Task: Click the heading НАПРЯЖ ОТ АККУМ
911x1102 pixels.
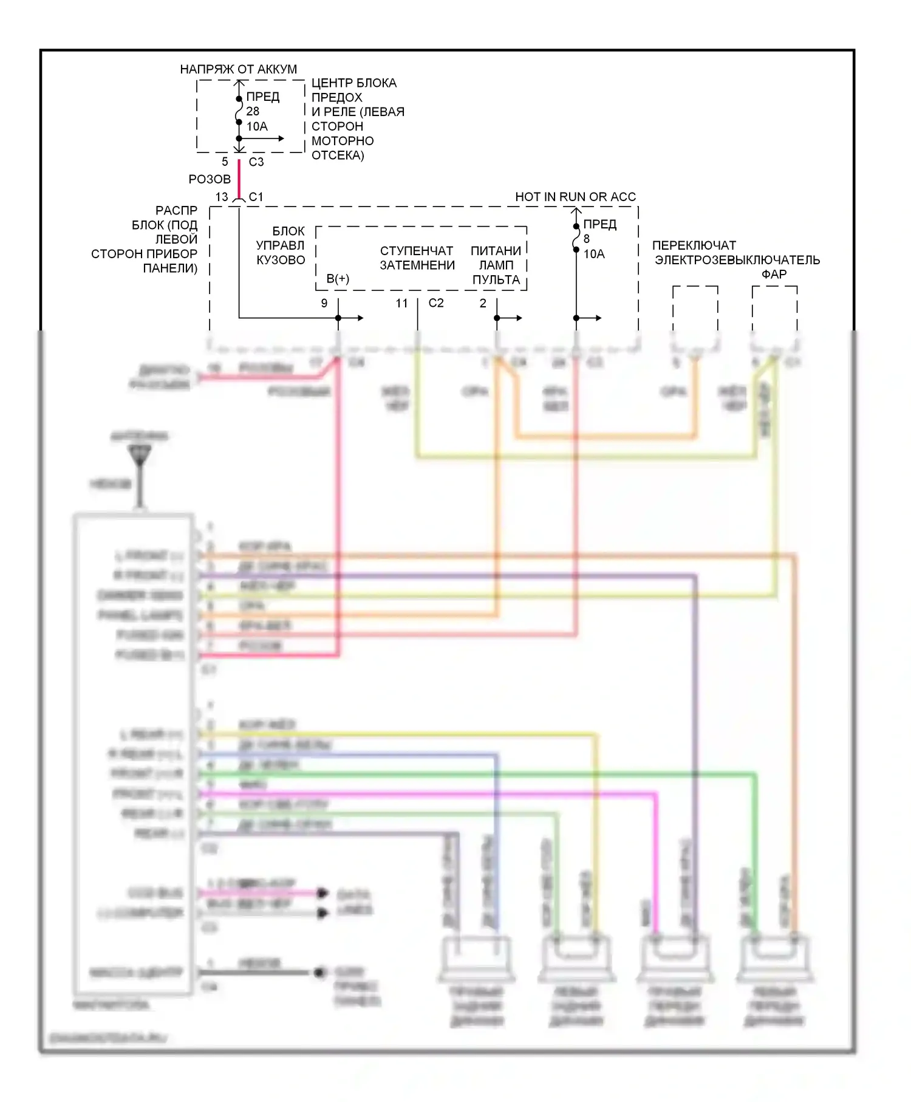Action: pyautogui.click(x=238, y=69)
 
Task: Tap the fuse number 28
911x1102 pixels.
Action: pyautogui.click(x=253, y=111)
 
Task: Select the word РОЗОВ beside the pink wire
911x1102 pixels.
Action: pyautogui.click(x=210, y=179)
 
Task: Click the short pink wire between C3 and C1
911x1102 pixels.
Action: pyautogui.click(x=239, y=179)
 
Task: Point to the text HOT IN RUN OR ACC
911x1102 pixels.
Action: pyautogui.click(x=575, y=197)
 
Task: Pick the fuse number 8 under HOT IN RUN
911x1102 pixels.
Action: pyautogui.click(x=587, y=239)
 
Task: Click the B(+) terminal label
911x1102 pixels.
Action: pyautogui.click(x=338, y=278)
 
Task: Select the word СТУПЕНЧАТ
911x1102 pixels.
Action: pyautogui.click(x=417, y=251)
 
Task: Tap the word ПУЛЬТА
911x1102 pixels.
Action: pyautogui.click(x=496, y=280)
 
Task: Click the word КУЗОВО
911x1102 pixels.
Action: pyautogui.click(x=281, y=260)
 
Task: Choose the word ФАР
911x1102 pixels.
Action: pyautogui.click(x=774, y=275)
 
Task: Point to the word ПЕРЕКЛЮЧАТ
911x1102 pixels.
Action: pyautogui.click(x=694, y=245)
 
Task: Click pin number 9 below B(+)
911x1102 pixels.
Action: pyautogui.click(x=324, y=303)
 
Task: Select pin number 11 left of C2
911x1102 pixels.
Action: pyautogui.click(x=401, y=303)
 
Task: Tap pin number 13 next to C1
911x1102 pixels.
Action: pyautogui.click(x=222, y=197)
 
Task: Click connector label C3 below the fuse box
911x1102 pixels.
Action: pyautogui.click(x=256, y=162)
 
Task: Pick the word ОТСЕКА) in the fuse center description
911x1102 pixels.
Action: pyautogui.click(x=338, y=156)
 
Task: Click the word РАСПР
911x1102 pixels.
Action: pyautogui.click(x=176, y=210)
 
